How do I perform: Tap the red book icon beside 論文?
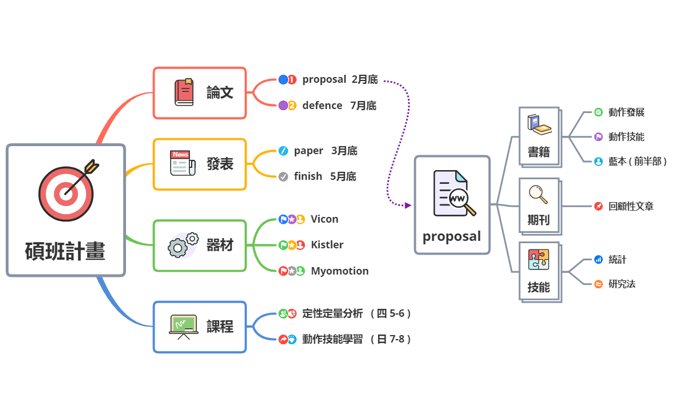tap(184, 92)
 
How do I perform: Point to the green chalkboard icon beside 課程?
tap(183, 326)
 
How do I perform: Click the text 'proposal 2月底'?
tap(340, 79)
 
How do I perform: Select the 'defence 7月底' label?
tap(339, 106)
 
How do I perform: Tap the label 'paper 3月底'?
tap(326, 151)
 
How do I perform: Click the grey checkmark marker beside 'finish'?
tap(284, 176)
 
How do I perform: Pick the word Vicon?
tap(325, 219)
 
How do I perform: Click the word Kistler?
tap(327, 245)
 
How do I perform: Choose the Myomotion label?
tap(339, 271)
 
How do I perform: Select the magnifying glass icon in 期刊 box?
tap(538, 195)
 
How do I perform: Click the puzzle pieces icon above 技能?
tap(539, 259)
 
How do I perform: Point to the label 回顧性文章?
tap(631, 207)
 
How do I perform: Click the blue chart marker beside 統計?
tap(598, 259)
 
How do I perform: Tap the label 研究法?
tap(622, 284)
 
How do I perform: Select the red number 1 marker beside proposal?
tap(292, 79)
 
